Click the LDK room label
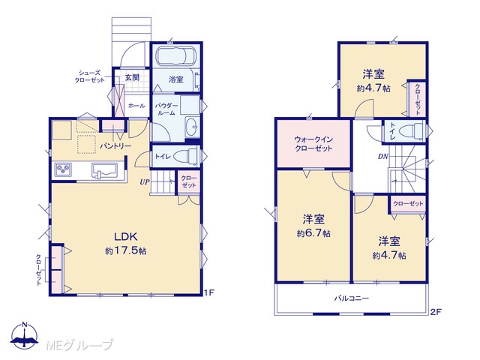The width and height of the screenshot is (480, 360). coord(125,236)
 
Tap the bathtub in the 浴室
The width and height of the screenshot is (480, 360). coord(175,55)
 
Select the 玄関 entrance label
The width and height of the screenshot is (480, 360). coord(132,77)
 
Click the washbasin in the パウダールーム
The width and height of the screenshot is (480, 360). coord(192,126)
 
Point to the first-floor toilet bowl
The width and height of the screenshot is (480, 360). coord(186,156)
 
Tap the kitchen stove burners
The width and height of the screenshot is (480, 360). coord(63,169)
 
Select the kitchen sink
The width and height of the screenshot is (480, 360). coord(104,170)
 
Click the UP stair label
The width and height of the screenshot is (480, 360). coord(145,182)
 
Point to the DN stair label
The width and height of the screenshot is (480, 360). coord(383,157)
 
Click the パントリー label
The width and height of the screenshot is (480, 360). coord(115,146)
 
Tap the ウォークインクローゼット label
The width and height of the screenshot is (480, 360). coord(313,144)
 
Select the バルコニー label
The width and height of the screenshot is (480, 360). coord(352,298)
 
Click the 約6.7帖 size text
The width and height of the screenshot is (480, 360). coord(313,233)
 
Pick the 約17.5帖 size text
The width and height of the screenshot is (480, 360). coord(125,251)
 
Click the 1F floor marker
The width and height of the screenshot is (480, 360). coord(209,293)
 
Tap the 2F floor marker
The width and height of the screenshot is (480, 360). coord(436,312)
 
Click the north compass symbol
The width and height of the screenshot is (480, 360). coord(25,335)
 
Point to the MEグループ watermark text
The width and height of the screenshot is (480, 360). coord(79,345)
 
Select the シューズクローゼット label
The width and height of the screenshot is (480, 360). coord(89,76)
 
